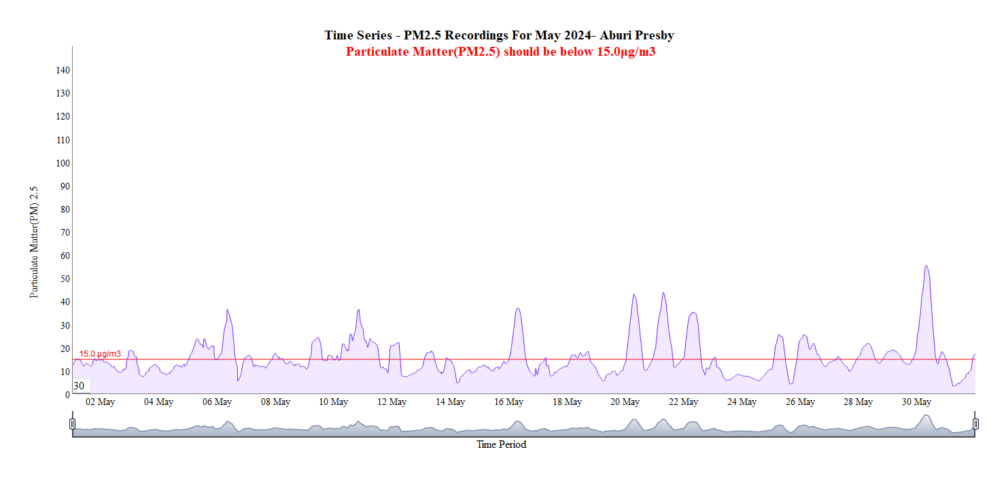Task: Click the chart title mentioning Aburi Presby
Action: [499, 35]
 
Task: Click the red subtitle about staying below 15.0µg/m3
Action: [500, 52]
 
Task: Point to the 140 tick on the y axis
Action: [63, 70]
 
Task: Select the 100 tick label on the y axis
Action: [63, 163]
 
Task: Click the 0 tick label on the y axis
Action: [67, 394]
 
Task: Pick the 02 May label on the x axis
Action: [100, 402]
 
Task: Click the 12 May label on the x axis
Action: [392, 402]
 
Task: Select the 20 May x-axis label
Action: [625, 402]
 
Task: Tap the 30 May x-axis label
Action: [916, 402]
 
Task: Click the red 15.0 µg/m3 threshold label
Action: [100, 354]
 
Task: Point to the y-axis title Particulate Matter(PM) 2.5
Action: [34, 243]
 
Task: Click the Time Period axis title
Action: [501, 445]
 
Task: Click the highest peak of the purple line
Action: [926, 266]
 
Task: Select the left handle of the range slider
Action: [73, 424]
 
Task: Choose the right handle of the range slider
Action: [975, 424]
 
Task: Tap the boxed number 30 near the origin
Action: [80, 386]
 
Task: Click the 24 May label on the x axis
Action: [742, 402]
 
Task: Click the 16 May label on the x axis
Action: [508, 402]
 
